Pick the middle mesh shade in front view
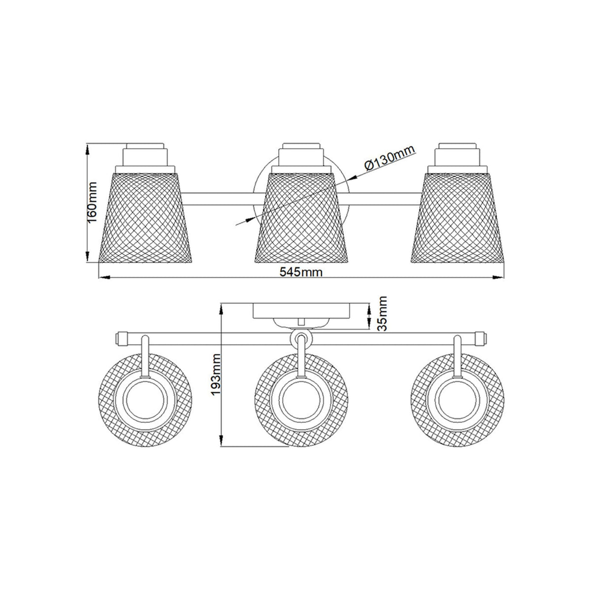click(303, 216)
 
